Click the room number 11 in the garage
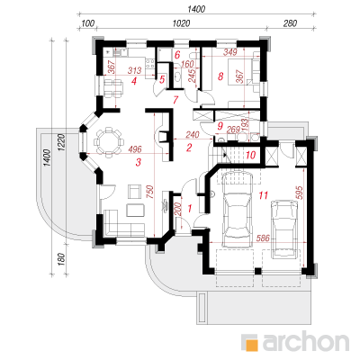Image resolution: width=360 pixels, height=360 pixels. pyautogui.click(x=263, y=195)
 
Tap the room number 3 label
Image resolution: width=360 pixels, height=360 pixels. pyautogui.click(x=139, y=163)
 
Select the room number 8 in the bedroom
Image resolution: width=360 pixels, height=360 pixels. pyautogui.click(x=220, y=76)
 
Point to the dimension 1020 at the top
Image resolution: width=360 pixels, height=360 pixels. pyautogui.click(x=181, y=23)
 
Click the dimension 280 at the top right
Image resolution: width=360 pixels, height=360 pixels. pyautogui.click(x=290, y=23)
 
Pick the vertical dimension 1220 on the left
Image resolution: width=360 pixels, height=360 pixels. pyautogui.click(x=61, y=143)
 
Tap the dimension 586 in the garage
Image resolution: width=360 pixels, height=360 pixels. pyautogui.click(x=263, y=238)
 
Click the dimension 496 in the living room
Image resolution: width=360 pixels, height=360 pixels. pyautogui.click(x=135, y=149)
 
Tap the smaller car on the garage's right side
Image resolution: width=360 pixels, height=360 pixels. pyautogui.click(x=284, y=229)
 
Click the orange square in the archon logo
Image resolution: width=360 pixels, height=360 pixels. pyautogui.click(x=252, y=345)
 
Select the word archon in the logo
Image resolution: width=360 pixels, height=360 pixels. pyautogui.click(x=306, y=341)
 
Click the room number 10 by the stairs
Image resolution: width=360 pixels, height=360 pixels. pyautogui.click(x=250, y=155)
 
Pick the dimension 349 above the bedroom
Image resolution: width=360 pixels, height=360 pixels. pyautogui.click(x=230, y=52)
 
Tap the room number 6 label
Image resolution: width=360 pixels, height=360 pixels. pyautogui.click(x=177, y=55)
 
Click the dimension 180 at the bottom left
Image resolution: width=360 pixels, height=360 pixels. pyautogui.click(x=61, y=259)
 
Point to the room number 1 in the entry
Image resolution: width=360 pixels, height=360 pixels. pyautogui.click(x=190, y=208)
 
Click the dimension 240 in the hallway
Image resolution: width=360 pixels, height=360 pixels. pyautogui.click(x=193, y=135)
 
